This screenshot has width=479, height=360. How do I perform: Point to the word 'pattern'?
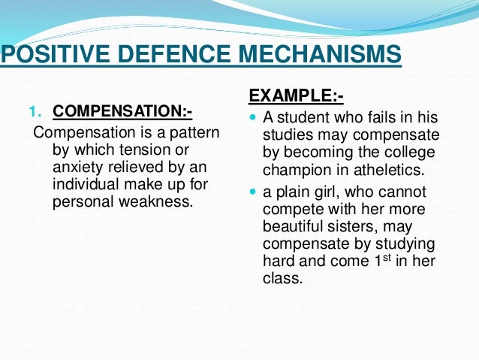click(x=194, y=133)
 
